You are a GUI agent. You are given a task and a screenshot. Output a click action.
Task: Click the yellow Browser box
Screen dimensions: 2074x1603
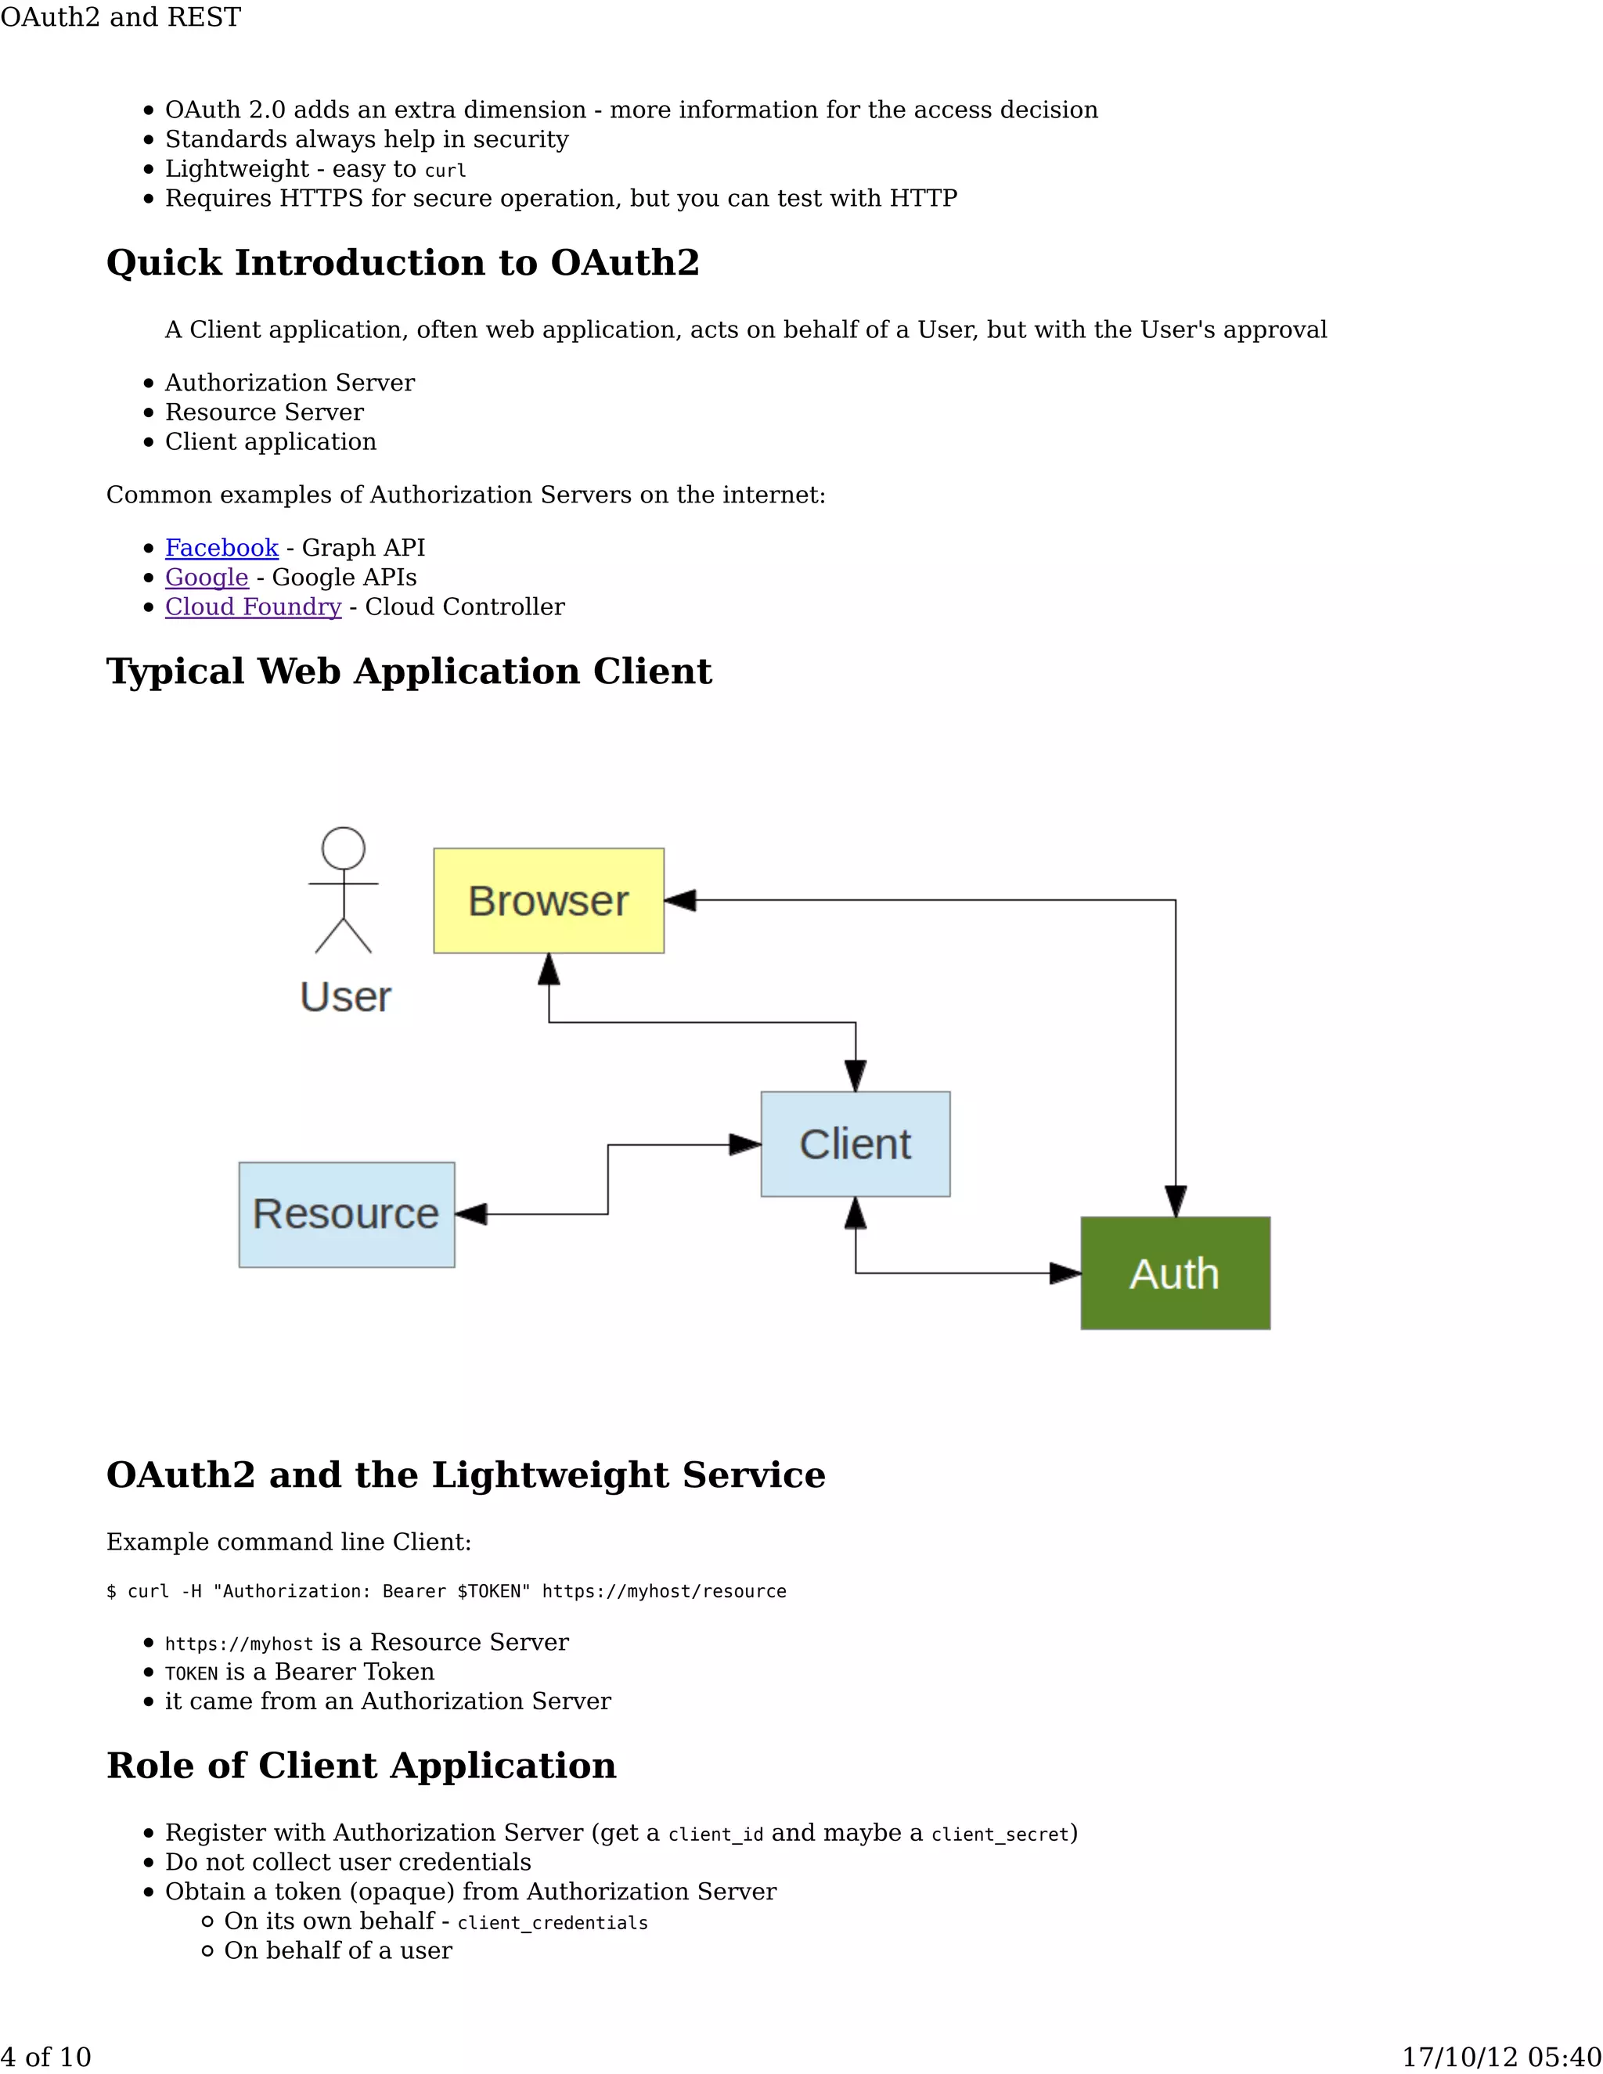(549, 900)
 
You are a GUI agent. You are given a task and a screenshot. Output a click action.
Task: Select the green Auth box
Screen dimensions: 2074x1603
(1175, 1273)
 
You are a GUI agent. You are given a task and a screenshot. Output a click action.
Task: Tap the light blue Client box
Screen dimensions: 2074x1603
(855, 1143)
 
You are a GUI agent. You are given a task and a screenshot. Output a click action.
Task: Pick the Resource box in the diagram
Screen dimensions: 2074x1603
(347, 1214)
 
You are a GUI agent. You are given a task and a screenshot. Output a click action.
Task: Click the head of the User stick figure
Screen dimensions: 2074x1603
(343, 848)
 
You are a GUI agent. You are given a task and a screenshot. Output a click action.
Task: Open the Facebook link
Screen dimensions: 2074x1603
(222, 548)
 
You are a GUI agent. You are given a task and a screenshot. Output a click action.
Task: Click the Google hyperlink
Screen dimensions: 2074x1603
(206, 578)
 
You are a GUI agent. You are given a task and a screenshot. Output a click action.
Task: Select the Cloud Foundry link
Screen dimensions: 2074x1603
(253, 607)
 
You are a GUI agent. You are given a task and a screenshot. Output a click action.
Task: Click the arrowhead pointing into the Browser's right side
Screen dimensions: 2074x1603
(680, 900)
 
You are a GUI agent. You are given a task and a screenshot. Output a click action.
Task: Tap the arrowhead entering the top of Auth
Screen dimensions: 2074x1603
(1176, 1201)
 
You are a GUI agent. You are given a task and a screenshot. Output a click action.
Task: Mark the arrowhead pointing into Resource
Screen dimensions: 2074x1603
(471, 1214)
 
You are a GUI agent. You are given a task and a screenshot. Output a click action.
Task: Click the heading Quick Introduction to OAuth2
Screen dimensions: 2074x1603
(402, 263)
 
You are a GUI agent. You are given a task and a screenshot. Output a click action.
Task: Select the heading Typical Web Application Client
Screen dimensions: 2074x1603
(409, 672)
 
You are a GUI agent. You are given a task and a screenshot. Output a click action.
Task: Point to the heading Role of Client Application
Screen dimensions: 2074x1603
(361, 1766)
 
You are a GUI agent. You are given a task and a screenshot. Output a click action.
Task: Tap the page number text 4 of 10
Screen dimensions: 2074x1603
(45, 2057)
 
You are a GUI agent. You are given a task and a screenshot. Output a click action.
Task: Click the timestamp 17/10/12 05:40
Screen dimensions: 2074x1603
(1501, 2057)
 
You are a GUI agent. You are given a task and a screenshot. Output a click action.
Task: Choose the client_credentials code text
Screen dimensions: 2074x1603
(553, 1923)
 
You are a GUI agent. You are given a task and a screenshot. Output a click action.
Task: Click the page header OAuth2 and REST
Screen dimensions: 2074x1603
(121, 17)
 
